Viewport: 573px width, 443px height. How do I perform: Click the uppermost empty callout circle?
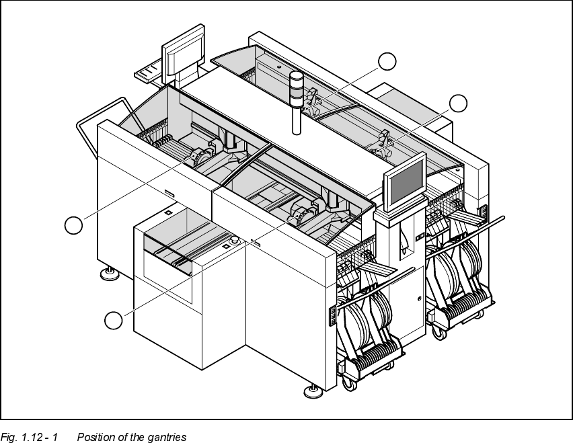(387, 61)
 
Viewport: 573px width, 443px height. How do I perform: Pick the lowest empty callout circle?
(114, 321)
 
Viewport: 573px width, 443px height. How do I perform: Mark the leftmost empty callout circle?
(73, 225)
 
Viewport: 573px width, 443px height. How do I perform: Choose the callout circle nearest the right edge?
(459, 103)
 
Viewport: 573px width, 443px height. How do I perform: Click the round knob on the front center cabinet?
(235, 241)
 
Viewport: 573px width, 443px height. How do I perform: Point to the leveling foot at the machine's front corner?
(311, 390)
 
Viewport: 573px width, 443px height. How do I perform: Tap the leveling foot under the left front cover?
(108, 273)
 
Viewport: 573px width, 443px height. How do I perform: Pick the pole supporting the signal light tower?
(296, 118)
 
